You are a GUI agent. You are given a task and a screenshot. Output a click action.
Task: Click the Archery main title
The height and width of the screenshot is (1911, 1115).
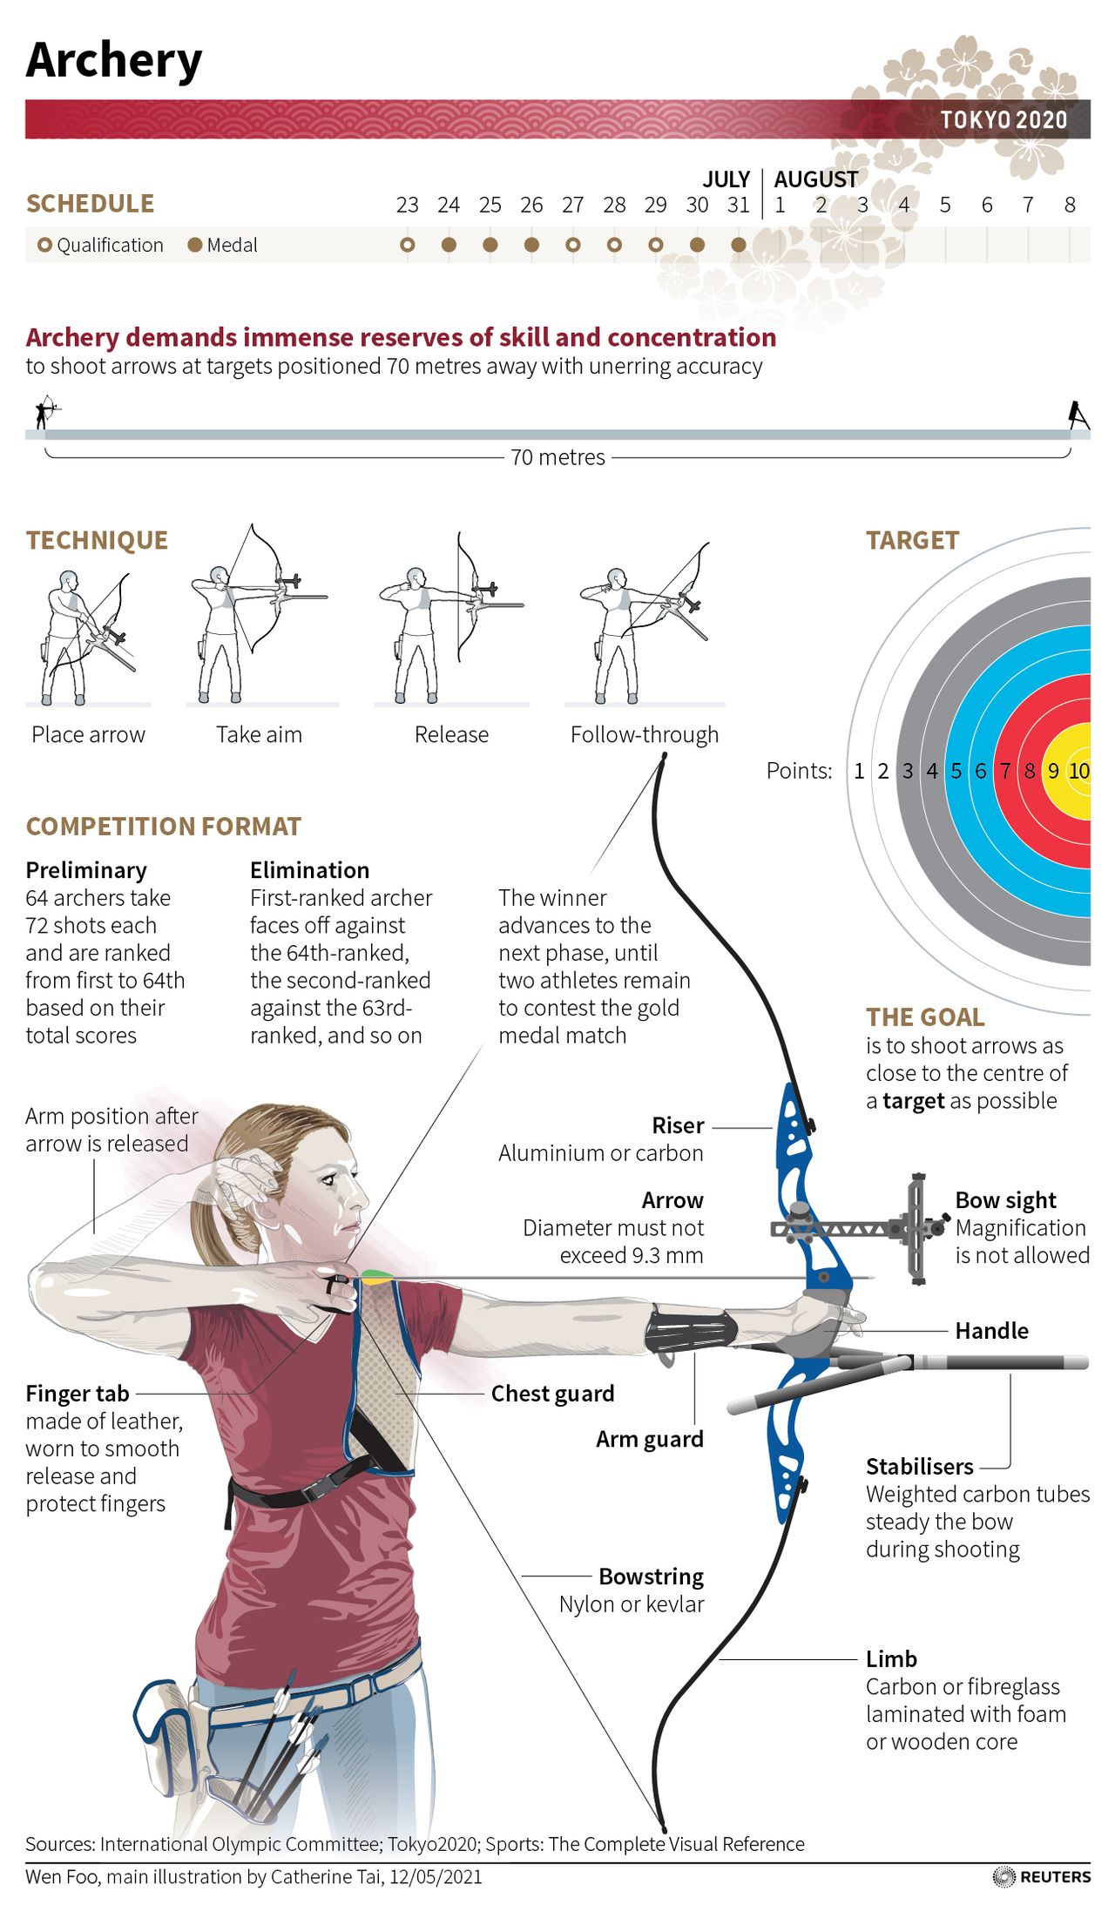click(x=114, y=61)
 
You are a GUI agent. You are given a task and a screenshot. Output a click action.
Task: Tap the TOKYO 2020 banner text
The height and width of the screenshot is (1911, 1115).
click(x=1003, y=120)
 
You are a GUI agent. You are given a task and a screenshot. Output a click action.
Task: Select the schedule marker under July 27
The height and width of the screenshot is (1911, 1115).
click(x=572, y=245)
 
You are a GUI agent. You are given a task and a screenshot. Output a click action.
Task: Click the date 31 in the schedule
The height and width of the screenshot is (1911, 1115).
click(x=739, y=205)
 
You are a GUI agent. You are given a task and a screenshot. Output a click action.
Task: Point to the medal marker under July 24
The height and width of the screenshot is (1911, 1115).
click(x=449, y=245)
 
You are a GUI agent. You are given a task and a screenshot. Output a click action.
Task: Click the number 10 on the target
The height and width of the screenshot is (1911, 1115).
click(x=1079, y=771)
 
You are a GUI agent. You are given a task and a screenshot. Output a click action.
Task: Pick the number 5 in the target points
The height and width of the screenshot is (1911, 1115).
click(x=956, y=771)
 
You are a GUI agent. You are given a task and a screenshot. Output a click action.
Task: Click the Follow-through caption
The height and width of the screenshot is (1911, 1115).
click(x=645, y=734)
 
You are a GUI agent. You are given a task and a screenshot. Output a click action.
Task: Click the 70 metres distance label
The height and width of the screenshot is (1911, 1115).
click(x=557, y=457)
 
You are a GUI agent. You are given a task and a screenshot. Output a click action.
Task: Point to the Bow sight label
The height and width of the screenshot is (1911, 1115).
click(x=1005, y=1200)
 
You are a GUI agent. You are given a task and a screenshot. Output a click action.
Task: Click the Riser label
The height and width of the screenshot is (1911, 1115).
click(x=678, y=1125)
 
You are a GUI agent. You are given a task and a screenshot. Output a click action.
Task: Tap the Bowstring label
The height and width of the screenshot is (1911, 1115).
click(x=651, y=1577)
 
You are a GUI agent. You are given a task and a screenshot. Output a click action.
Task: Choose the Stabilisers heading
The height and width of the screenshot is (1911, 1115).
click(x=919, y=1466)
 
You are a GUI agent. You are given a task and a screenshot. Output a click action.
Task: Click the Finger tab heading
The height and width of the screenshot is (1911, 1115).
click(x=78, y=1394)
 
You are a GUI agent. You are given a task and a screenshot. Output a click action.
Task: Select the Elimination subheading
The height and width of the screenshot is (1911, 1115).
click(x=309, y=870)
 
